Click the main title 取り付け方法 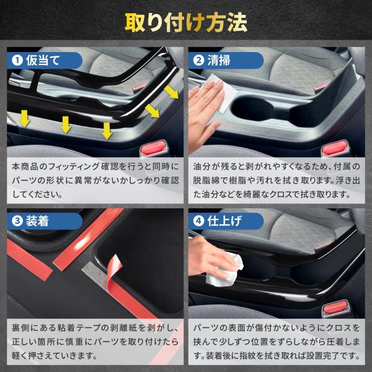tap(186, 22)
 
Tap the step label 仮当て tap(43, 60)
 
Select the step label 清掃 tap(219, 60)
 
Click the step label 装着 tap(37, 221)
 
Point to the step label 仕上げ tap(224, 221)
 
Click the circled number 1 tap(17, 61)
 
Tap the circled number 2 tap(199, 61)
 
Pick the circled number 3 tap(17, 221)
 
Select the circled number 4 tap(199, 221)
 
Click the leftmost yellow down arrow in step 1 tap(25, 118)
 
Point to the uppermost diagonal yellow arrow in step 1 tap(171, 92)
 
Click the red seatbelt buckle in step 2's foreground tap(335, 148)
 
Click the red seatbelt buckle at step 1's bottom tap(154, 148)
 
